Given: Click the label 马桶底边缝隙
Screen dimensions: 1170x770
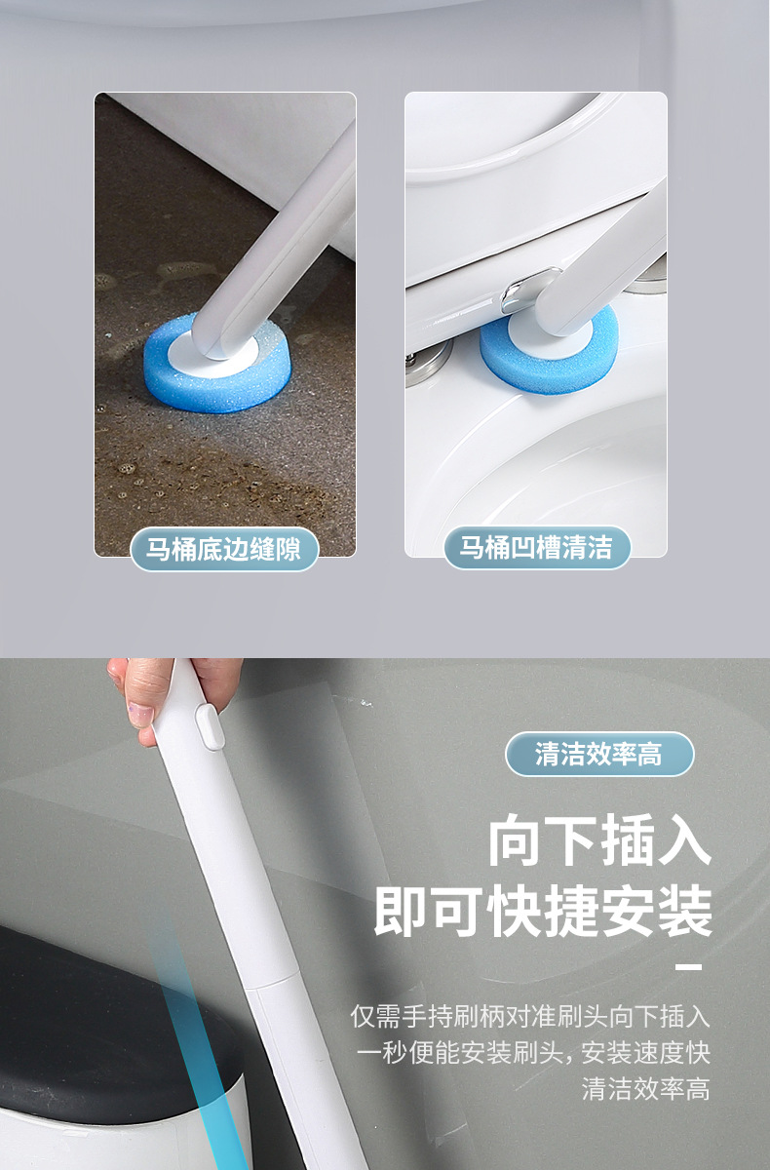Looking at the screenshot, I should (x=224, y=549).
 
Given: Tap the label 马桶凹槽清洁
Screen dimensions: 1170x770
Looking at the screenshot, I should (x=536, y=548).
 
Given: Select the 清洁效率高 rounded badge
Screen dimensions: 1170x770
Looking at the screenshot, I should (x=598, y=754).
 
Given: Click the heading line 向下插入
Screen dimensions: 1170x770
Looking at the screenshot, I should (x=599, y=841).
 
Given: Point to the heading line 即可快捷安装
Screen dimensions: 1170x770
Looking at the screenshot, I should (x=543, y=913).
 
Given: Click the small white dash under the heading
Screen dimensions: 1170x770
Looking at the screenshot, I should (x=688, y=967).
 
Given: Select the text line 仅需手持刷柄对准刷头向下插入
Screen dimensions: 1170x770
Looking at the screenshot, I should (x=530, y=1016).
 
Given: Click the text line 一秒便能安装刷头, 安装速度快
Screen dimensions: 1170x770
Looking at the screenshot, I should (x=533, y=1052).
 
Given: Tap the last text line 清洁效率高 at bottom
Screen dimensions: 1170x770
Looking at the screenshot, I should (x=645, y=1088).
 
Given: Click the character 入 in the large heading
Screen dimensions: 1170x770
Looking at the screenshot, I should (x=682, y=841).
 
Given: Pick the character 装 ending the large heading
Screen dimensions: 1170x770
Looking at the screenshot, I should (x=682, y=913).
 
